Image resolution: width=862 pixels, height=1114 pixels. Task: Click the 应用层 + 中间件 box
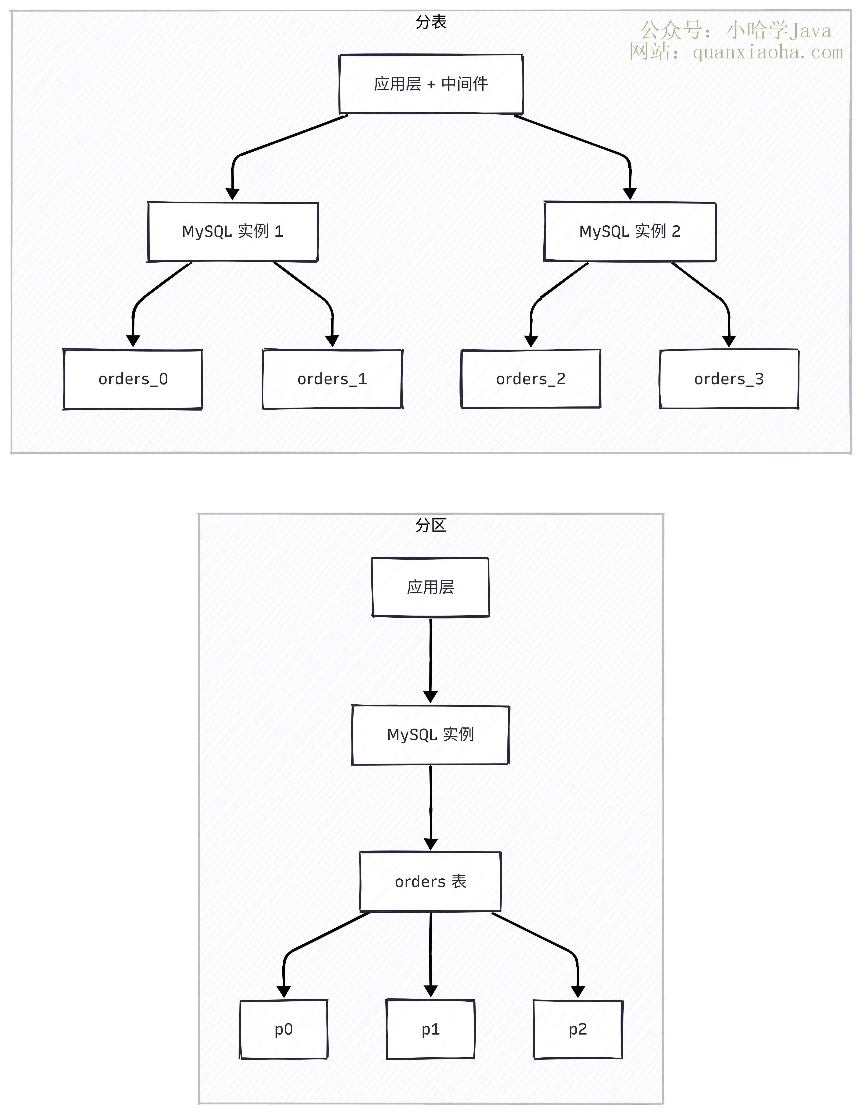pyautogui.click(x=431, y=84)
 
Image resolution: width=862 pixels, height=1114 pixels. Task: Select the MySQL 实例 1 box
pyautogui.click(x=233, y=232)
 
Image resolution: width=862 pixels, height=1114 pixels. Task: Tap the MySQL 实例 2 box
pyautogui.click(x=630, y=232)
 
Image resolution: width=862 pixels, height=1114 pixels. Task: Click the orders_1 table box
pyautogui.click(x=332, y=379)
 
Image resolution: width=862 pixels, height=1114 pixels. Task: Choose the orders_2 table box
pyautogui.click(x=531, y=379)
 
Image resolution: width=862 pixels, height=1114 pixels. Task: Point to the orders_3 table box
pyautogui.click(x=729, y=379)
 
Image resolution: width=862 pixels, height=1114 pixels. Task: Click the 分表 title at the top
pyautogui.click(x=431, y=22)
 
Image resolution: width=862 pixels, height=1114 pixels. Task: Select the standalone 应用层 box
pyautogui.click(x=431, y=587)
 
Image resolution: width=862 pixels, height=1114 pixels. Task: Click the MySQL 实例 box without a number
pyautogui.click(x=431, y=735)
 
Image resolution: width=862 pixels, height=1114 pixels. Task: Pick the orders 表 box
pyautogui.click(x=431, y=881)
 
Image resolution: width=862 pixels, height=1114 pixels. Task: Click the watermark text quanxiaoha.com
pyautogui.click(x=768, y=52)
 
